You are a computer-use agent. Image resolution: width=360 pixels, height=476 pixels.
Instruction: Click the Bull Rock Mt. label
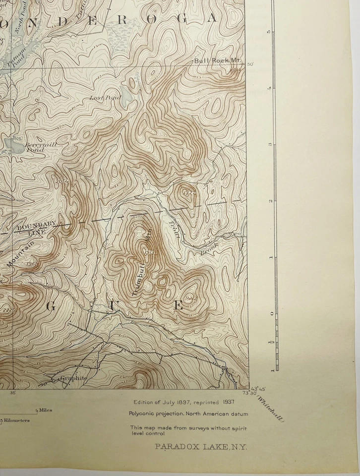coord(217,60)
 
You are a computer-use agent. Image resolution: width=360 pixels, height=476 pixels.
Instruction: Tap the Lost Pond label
coord(105,98)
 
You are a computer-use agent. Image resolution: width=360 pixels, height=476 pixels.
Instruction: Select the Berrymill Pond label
coord(35,147)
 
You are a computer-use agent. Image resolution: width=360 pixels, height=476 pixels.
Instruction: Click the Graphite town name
coord(73,378)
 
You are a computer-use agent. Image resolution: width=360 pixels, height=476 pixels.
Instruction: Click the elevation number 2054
coord(61,181)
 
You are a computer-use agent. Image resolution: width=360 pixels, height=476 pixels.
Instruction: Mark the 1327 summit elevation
coord(188,192)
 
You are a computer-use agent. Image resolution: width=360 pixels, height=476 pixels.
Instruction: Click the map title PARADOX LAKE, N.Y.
coord(201,447)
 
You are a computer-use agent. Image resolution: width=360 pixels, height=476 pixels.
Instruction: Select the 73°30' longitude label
coord(241,394)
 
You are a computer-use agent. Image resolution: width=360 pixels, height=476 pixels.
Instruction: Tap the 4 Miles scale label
coord(44,411)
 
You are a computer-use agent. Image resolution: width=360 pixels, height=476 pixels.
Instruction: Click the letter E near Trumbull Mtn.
coord(178,305)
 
